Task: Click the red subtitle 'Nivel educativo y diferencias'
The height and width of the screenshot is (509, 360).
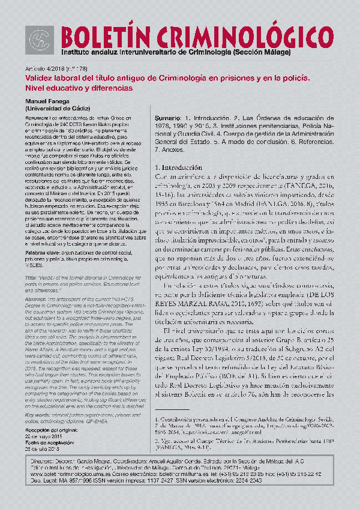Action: pyautogui.click(x=78, y=88)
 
